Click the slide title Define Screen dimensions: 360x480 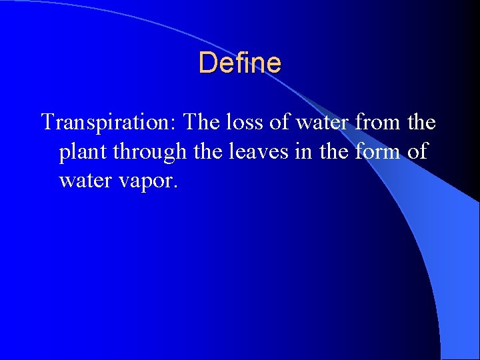240,63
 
